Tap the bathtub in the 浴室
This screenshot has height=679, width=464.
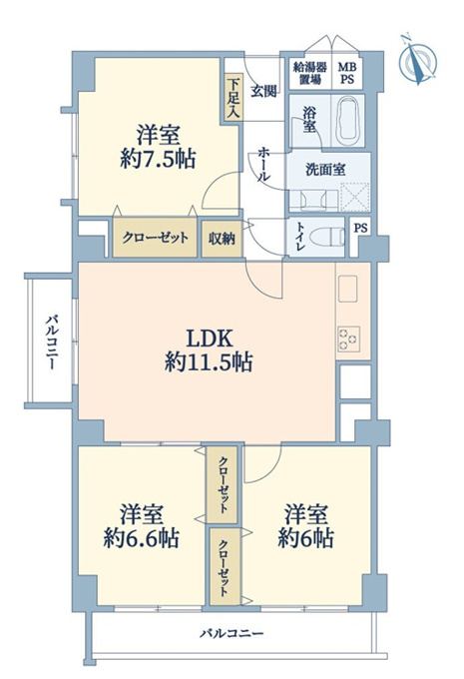pyautogui.click(x=347, y=121)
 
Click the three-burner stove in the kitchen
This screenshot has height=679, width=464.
pyautogui.click(x=349, y=339)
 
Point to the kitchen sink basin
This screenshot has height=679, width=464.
pyautogui.click(x=348, y=289)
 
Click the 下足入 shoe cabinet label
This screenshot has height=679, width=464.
pyautogui.click(x=232, y=98)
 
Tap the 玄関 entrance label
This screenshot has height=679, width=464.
pyautogui.click(x=263, y=92)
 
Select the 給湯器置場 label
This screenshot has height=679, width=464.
pyautogui.click(x=310, y=73)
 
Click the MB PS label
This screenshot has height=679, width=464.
pyautogui.click(x=347, y=73)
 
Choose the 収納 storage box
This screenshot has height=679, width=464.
pyautogui.click(x=223, y=239)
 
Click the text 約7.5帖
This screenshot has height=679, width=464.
pyautogui.click(x=158, y=160)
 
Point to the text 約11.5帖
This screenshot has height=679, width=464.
pyautogui.click(x=209, y=361)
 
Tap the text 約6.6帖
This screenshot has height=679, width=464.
pyautogui.click(x=141, y=538)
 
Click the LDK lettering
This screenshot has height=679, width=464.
pyautogui.click(x=210, y=339)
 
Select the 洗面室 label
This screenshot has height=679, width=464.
pyautogui.click(x=325, y=170)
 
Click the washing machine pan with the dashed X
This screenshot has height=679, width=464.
pyautogui.click(x=355, y=197)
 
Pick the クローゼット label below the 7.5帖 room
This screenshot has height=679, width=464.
pyautogui.click(x=156, y=238)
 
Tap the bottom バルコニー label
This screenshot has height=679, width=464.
pyautogui.click(x=232, y=633)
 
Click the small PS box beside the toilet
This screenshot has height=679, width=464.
pyautogui.click(x=360, y=228)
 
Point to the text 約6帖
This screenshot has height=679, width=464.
pyautogui.click(x=305, y=538)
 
